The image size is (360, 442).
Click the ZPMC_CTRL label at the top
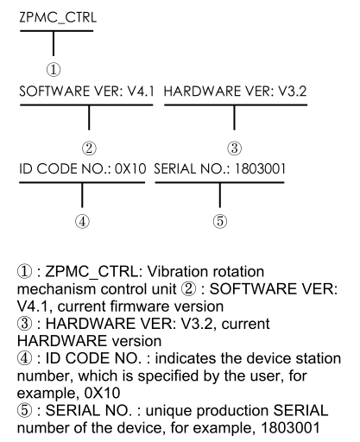point(58,18)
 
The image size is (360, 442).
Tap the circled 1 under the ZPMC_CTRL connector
point(54,70)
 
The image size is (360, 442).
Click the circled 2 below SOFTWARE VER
point(89,148)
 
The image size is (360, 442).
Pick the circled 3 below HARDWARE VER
point(235,148)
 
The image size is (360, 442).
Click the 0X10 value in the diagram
point(130,168)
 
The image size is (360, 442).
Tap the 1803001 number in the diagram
point(260,168)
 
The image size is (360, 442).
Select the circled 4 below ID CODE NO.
point(82,222)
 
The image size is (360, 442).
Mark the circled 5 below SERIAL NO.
point(220,222)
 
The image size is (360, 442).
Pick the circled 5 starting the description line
point(24,411)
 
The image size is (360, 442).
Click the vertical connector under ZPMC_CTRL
point(54,43)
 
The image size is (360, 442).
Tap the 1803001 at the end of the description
point(290,428)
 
